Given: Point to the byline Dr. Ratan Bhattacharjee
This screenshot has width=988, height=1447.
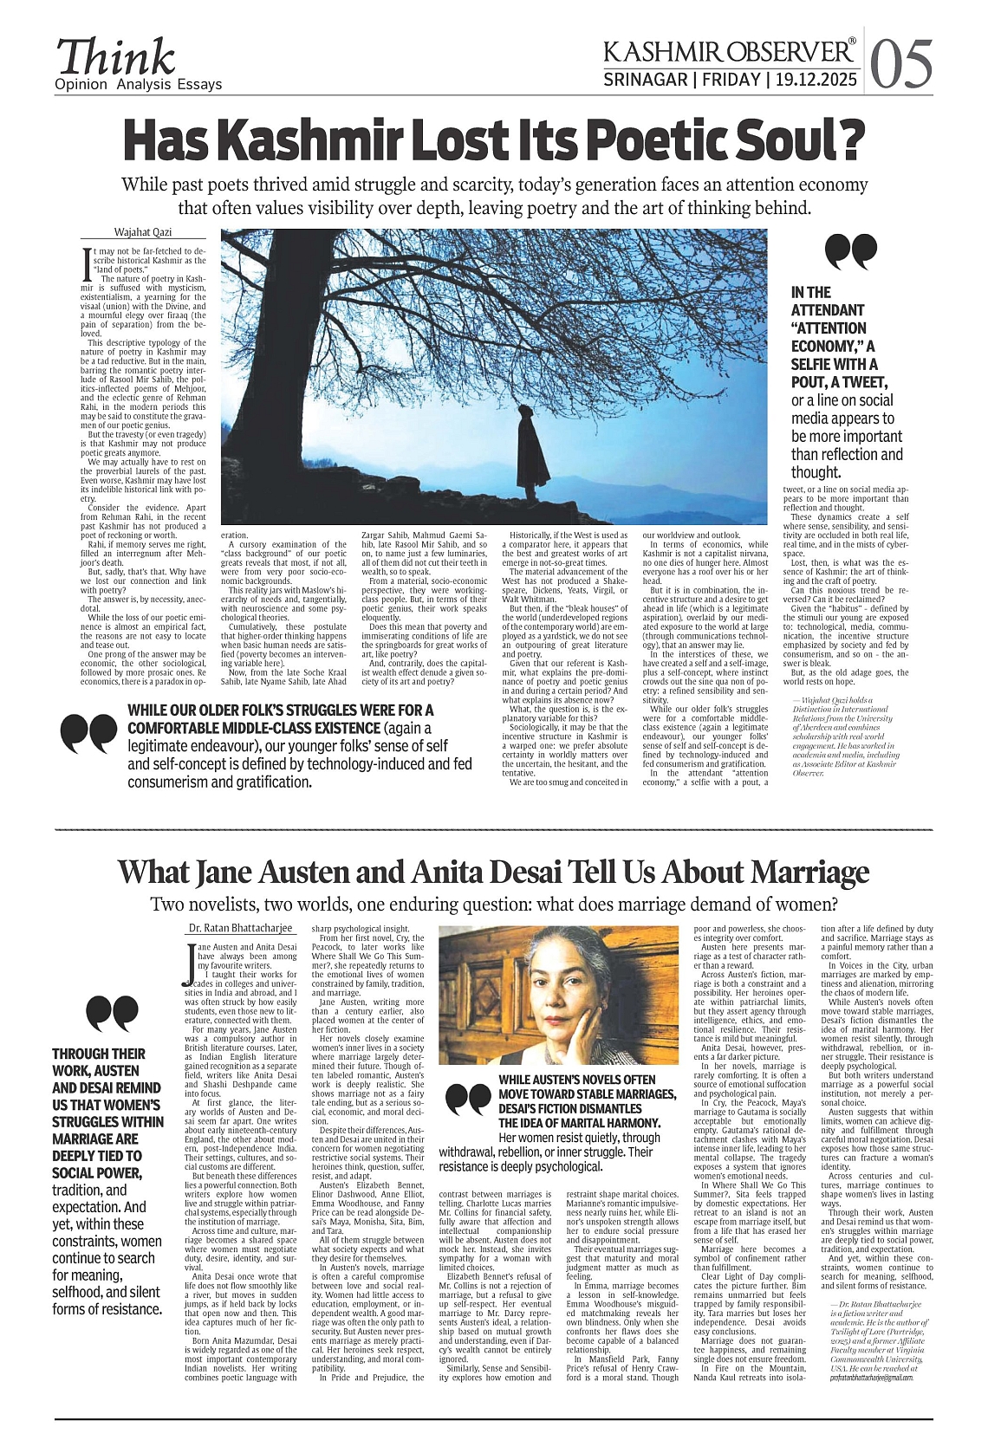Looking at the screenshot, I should (242, 929).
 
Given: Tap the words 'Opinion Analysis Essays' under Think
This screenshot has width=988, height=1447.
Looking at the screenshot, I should (138, 85).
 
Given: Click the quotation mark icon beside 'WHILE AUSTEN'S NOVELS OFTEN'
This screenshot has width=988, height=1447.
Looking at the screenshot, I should (467, 1100).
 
